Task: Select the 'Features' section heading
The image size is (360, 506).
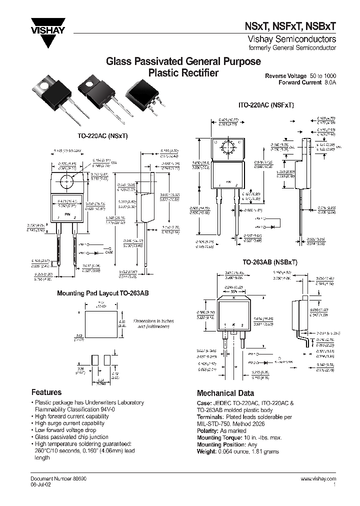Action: [46, 392]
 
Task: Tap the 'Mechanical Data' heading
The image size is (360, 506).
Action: [225, 393]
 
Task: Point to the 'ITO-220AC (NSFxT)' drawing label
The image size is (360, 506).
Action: [265, 105]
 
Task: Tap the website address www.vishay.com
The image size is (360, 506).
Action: [318, 479]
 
